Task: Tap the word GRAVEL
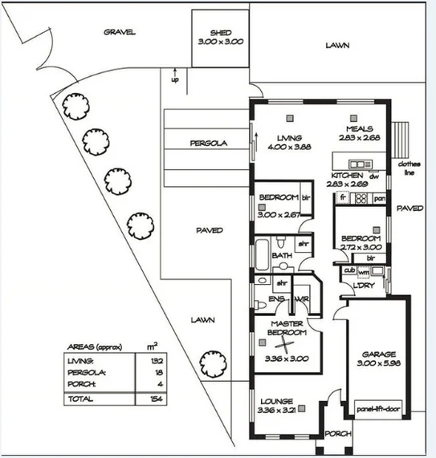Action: [120, 33]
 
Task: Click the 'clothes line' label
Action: [409, 168]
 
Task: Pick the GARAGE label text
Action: [377, 353]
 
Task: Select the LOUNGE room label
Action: [275, 401]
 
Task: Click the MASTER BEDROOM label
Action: [286, 327]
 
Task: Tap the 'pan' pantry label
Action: [380, 197]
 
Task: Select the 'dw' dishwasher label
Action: [373, 176]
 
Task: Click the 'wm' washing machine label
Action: [363, 271]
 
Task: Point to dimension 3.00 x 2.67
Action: [279, 214]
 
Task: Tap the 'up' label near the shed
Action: [175, 79]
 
